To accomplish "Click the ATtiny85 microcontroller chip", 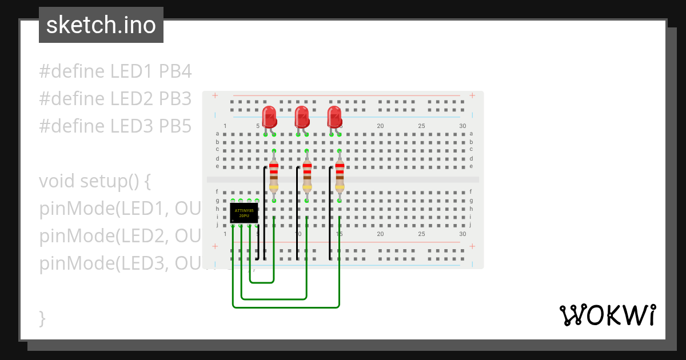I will click(244, 213).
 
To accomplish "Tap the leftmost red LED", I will click(269, 117).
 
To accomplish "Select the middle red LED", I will click(302, 117).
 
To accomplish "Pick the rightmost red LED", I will click(334, 117).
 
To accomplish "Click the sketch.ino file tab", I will click(101, 25).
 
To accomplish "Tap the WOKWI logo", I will click(607, 315).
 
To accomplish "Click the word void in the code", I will click(57, 181).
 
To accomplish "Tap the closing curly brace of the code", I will click(42, 318).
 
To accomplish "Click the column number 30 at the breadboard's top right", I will click(462, 126).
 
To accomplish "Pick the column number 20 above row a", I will click(380, 126).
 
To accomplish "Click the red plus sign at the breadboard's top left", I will click(214, 95).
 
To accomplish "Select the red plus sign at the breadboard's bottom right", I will click(472, 246).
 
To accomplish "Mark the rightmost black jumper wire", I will click(330, 211).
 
